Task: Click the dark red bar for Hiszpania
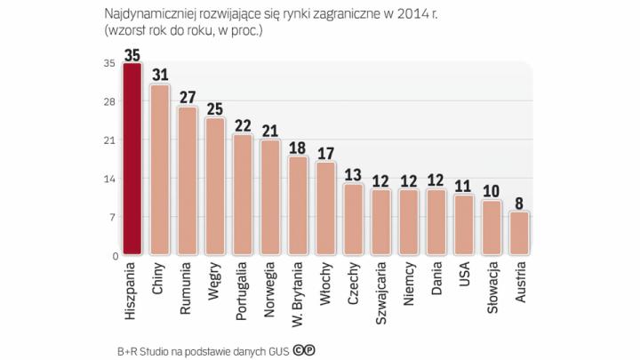click(x=132, y=160)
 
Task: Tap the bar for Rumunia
click(x=187, y=182)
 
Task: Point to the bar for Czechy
click(x=352, y=220)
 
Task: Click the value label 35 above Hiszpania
click(x=132, y=54)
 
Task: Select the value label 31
click(x=160, y=75)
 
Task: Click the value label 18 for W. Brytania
click(x=298, y=147)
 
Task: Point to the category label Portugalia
click(x=243, y=289)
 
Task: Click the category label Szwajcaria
click(x=380, y=290)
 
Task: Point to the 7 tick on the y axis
click(x=111, y=218)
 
